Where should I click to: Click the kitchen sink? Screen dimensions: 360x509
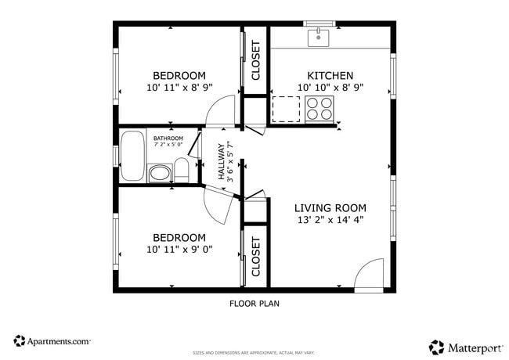pyautogui.click(x=319, y=34)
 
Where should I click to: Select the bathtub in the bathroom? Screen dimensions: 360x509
pyautogui.click(x=132, y=157)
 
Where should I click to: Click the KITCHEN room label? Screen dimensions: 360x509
pyautogui.click(x=330, y=75)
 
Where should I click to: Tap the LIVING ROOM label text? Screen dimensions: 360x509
pyautogui.click(x=330, y=207)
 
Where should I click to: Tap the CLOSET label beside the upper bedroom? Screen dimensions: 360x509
pyautogui.click(x=255, y=61)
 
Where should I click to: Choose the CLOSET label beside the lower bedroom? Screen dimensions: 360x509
pyautogui.click(x=255, y=257)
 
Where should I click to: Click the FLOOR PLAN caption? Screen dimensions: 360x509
pyautogui.click(x=254, y=303)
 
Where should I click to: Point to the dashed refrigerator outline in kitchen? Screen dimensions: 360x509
pyautogui.click(x=286, y=109)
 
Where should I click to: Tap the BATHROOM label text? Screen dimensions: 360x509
pyautogui.click(x=168, y=139)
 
